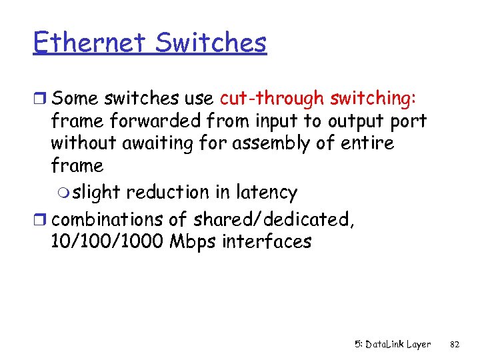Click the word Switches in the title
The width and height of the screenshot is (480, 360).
(x=211, y=43)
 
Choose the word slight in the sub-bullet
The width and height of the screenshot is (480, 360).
(x=96, y=193)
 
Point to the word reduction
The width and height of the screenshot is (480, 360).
(x=167, y=193)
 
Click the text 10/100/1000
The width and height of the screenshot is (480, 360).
(x=107, y=241)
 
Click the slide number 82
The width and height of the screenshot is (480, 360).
(x=455, y=345)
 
